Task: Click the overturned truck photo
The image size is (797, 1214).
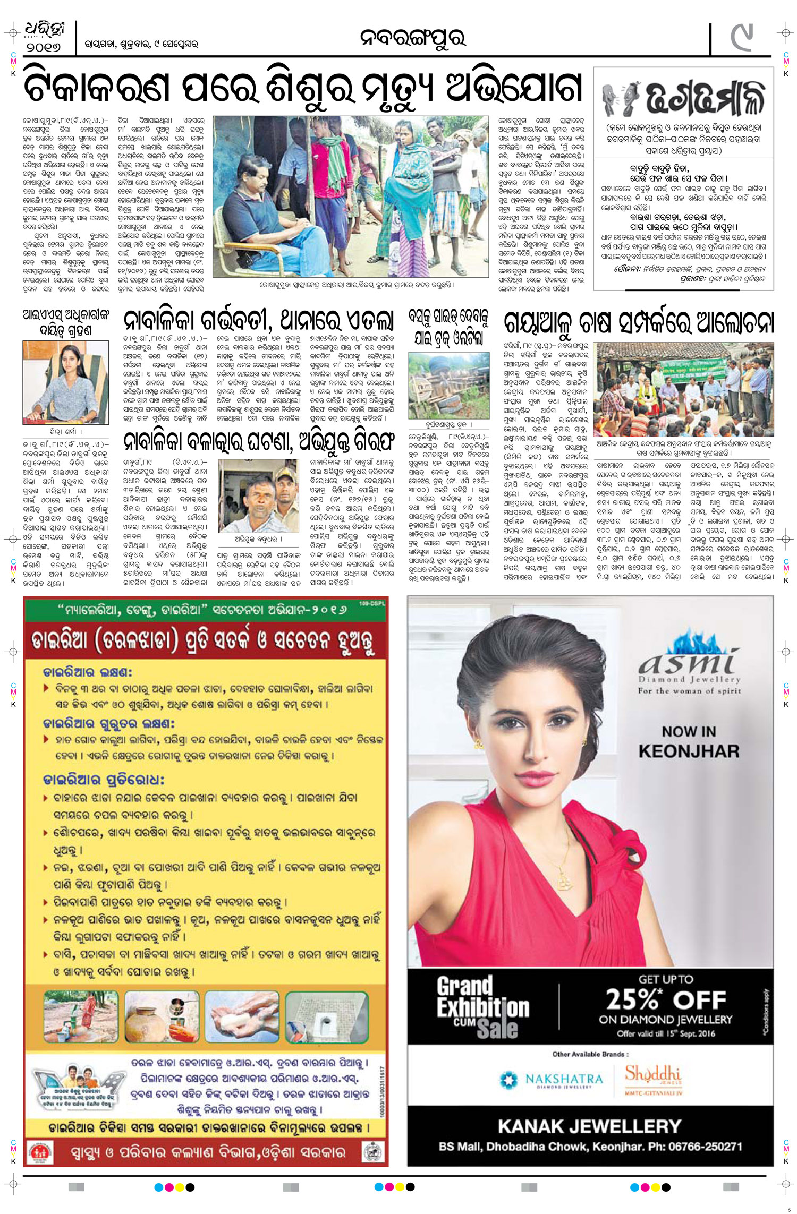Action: [x=448, y=385]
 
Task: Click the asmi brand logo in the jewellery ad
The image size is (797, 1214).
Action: [x=689, y=663]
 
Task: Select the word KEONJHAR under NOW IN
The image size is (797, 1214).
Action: [x=689, y=751]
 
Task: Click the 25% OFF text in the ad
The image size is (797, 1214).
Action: [x=666, y=1000]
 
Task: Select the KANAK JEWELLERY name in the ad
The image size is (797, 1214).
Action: [x=589, y=1126]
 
